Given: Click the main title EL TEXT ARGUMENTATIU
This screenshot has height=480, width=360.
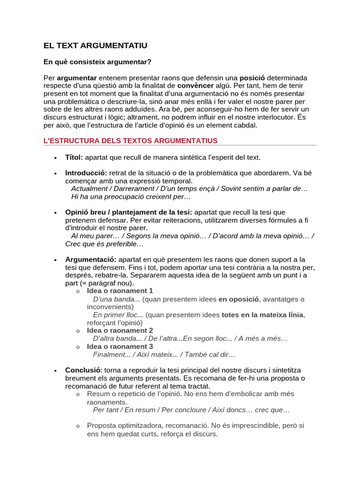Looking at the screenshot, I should tap(95, 45).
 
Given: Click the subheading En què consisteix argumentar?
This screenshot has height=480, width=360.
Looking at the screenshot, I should tap(97, 62).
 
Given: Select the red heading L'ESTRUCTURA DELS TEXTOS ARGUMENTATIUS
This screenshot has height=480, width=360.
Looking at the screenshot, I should tap(130, 141).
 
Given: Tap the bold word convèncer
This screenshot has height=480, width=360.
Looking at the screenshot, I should tap(195, 85).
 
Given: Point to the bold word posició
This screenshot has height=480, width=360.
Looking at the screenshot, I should tap(252, 77).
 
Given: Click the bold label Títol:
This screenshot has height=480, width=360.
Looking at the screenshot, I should tap(74, 157).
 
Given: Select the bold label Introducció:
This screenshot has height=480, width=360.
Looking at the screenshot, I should tap(86, 173).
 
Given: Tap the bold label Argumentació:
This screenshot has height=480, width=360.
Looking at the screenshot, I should tap(90, 259).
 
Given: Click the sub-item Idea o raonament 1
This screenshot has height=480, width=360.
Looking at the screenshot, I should tap(120, 291).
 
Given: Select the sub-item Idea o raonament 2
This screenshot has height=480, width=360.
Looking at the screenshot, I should tap(120, 330).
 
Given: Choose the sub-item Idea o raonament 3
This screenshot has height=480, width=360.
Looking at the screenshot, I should tap(120, 346).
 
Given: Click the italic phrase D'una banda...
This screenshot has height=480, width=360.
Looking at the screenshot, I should tap(116, 299).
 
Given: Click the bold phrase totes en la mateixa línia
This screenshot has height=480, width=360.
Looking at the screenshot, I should tap(262, 315).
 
